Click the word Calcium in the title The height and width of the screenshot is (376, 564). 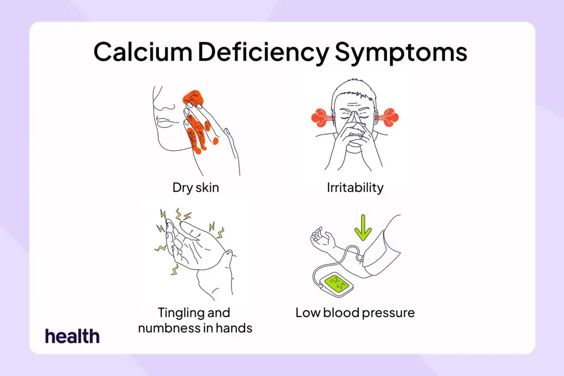click(x=143, y=52)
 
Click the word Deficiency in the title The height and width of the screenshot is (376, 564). click(x=263, y=53)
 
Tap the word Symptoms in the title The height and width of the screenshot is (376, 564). click(x=401, y=53)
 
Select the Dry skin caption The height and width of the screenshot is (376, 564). click(x=196, y=188)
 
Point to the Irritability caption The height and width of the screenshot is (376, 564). click(x=355, y=188)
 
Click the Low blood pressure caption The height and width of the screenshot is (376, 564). click(x=355, y=313)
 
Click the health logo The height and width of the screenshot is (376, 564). click(x=72, y=336)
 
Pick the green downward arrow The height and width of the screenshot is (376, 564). click(x=363, y=227)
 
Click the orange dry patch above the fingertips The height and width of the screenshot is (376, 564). click(x=193, y=98)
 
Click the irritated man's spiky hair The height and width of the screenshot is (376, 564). click(x=354, y=89)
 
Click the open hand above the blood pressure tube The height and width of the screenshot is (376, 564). click(x=323, y=239)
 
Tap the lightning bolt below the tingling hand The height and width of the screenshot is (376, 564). click(x=174, y=269)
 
